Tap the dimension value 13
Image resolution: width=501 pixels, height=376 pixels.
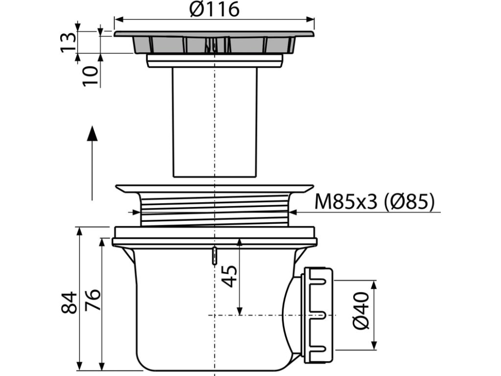coord(68,42)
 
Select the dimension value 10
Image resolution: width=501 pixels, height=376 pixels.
coord(91,76)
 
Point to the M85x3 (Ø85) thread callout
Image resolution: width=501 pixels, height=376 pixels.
coord(374,202)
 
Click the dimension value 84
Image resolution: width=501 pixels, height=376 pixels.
coord(68,302)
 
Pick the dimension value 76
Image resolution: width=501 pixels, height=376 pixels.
coord(92,300)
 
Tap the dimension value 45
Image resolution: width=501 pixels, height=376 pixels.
coord(229,277)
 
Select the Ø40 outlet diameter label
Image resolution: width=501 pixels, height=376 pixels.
coord(361,310)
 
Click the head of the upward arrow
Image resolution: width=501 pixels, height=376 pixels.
coord(92,133)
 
